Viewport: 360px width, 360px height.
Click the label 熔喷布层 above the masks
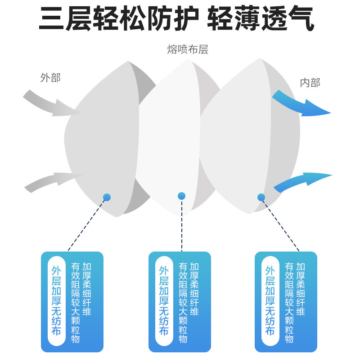tap(188, 49)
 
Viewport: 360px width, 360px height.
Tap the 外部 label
tap(50, 77)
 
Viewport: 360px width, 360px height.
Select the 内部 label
tap(310, 82)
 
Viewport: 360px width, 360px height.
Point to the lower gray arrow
tap(52, 181)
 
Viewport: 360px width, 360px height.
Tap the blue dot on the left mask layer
tap(107, 197)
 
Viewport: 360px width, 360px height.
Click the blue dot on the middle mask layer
tap(181, 196)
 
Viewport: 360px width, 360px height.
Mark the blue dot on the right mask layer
tap(261, 197)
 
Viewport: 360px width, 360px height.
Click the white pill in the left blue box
tap(56, 301)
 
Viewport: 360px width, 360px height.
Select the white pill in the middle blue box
tap(164, 301)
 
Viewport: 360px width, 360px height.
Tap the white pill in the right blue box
tap(270, 301)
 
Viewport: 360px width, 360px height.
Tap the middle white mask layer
tap(169, 135)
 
